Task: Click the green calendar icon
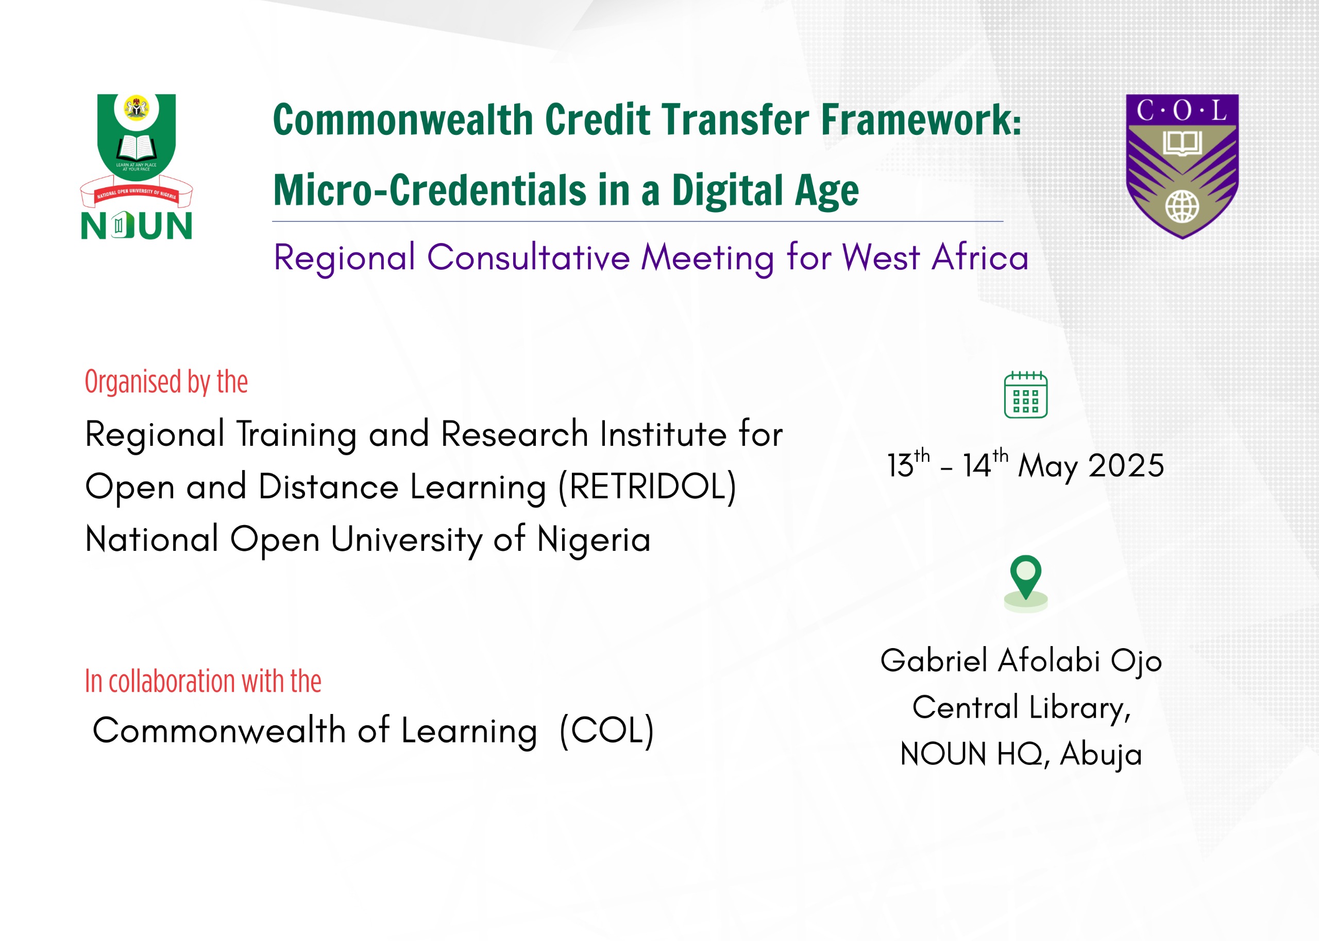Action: [1026, 395]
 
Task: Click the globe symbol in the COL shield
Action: [1182, 206]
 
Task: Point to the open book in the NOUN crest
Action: [136, 148]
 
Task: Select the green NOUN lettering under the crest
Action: [136, 225]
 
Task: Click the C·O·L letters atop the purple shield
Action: [1181, 110]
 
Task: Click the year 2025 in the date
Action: [1126, 465]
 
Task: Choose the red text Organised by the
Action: [166, 382]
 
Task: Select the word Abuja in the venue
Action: [1101, 755]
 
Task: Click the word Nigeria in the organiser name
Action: [594, 539]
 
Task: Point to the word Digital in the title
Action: [728, 191]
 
